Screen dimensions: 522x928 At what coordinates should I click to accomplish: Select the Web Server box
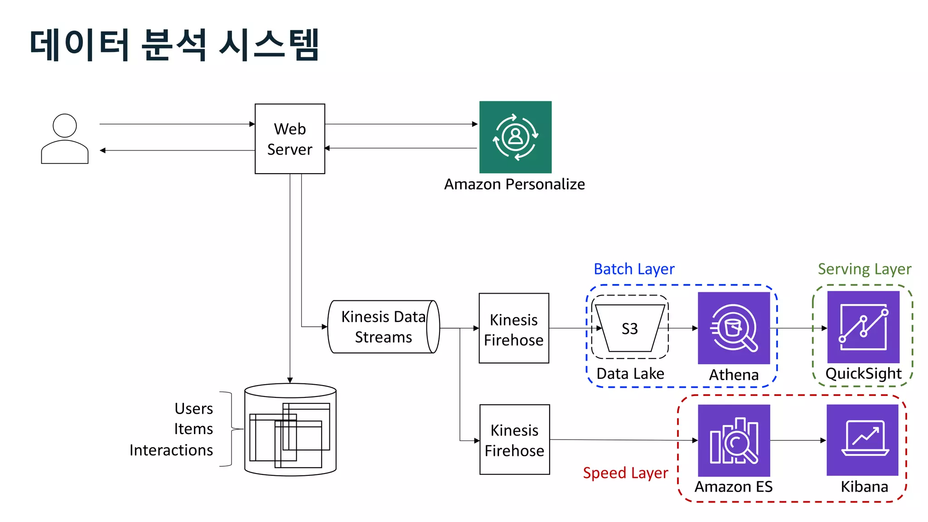click(x=290, y=139)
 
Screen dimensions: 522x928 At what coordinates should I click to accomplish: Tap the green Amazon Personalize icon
click(x=515, y=137)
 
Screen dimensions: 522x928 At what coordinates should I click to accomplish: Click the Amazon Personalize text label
click(x=514, y=184)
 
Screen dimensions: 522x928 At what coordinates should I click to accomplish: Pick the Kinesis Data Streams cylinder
click(x=383, y=327)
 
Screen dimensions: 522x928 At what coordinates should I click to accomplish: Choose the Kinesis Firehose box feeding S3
click(x=514, y=329)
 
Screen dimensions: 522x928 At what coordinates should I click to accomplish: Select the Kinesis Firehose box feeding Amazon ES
click(x=514, y=440)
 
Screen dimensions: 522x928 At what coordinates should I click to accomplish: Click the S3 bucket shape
click(x=630, y=328)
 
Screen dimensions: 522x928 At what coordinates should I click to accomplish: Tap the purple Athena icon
click(x=734, y=328)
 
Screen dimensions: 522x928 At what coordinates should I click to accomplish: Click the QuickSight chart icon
click(x=863, y=327)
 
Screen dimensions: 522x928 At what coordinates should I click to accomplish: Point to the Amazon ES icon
click(x=734, y=440)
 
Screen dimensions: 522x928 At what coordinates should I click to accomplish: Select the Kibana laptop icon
click(x=862, y=440)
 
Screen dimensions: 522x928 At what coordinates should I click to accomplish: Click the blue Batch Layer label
click(x=634, y=269)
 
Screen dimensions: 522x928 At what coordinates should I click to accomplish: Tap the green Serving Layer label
click(x=864, y=269)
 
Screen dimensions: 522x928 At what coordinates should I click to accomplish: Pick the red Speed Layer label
click(x=625, y=473)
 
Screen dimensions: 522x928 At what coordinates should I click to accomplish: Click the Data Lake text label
click(x=630, y=374)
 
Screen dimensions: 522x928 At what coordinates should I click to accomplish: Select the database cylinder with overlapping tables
click(x=290, y=430)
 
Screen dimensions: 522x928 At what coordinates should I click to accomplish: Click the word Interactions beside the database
click(x=171, y=450)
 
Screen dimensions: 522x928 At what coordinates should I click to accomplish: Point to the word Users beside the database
click(x=193, y=409)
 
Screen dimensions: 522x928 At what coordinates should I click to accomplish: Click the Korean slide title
click(x=174, y=44)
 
